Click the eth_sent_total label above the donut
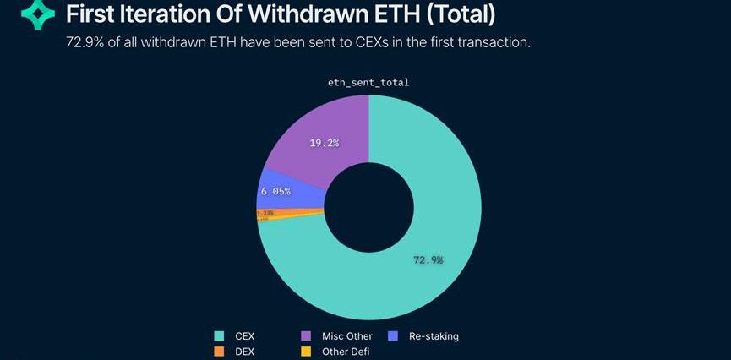point(368,82)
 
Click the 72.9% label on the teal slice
point(428,259)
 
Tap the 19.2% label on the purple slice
point(324,143)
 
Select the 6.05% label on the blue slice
point(275,192)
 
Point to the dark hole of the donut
point(369,208)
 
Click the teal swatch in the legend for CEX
point(220,336)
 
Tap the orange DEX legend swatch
point(220,351)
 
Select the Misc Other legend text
point(346,336)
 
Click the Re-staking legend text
point(434,336)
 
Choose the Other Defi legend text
point(346,352)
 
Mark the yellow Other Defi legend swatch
point(306,351)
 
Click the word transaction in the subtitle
point(495,42)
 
